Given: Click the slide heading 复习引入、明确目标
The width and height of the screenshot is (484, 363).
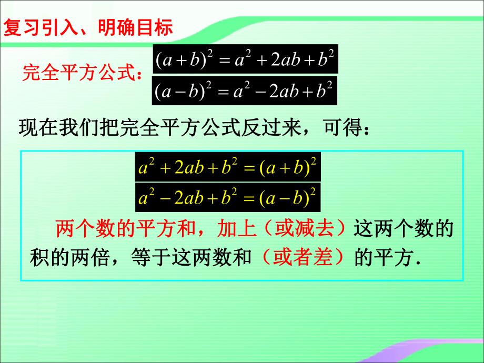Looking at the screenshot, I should click(88, 27).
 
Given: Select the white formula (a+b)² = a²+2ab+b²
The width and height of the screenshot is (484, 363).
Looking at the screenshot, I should click(245, 59).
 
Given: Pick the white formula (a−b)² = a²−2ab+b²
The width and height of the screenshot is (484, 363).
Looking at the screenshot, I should click(245, 92).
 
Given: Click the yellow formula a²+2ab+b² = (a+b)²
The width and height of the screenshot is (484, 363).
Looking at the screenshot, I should click(228, 168).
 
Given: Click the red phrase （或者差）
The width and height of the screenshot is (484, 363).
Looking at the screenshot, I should click(305, 258).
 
